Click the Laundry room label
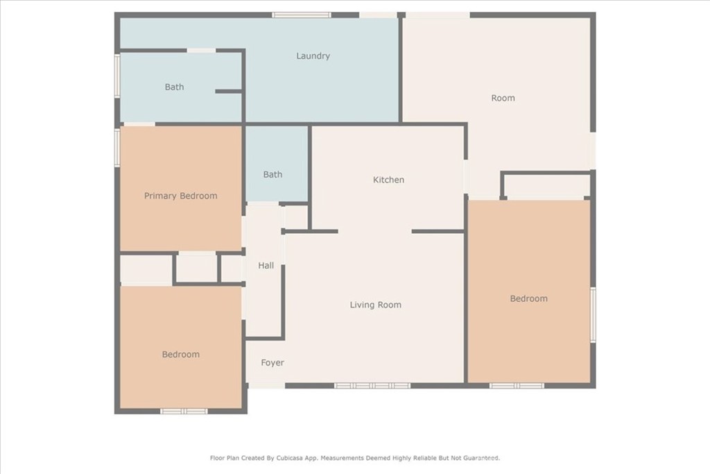(313, 56)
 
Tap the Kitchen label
(388, 180)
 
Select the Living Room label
(375, 305)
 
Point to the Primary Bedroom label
(181, 196)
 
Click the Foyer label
(272, 362)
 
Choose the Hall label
(266, 266)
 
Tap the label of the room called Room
(503, 98)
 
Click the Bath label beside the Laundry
(174, 87)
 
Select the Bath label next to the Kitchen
(272, 174)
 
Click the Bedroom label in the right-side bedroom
(529, 298)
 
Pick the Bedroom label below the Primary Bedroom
(181, 355)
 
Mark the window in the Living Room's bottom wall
(372, 386)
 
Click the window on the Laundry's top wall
(302, 15)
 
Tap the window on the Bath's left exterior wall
(117, 76)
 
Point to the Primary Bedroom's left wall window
(117, 147)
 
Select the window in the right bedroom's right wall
(593, 314)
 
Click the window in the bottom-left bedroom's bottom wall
(184, 412)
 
